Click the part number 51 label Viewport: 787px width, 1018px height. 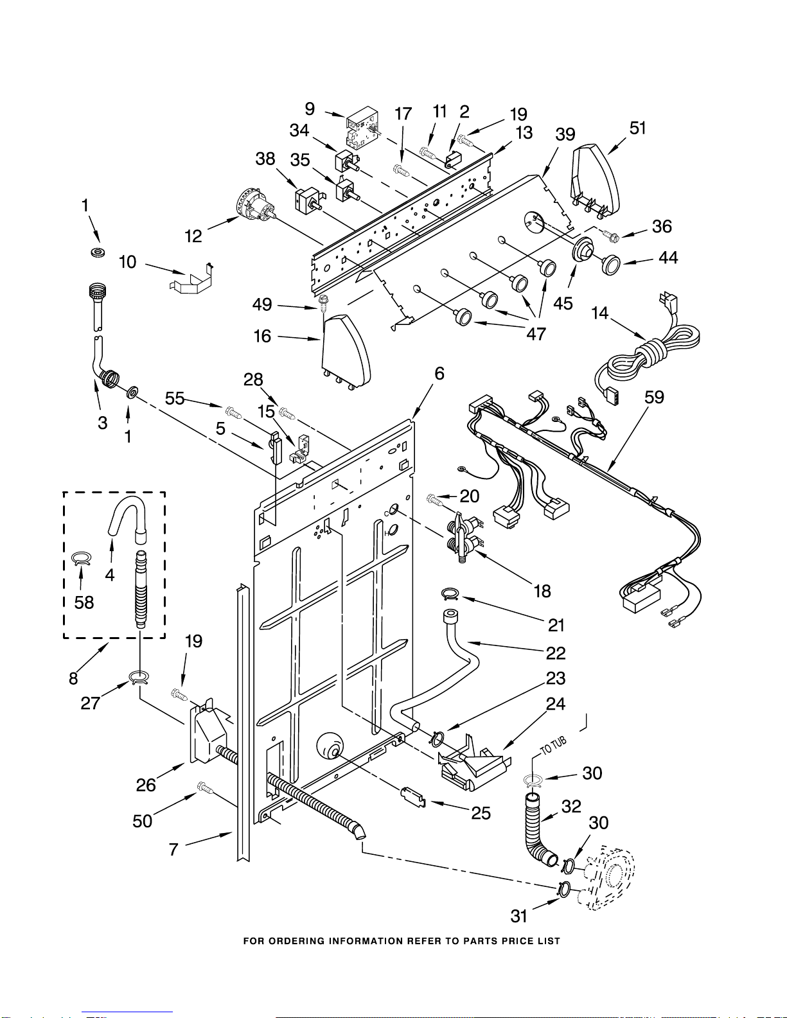coord(637,128)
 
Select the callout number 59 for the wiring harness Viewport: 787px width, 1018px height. coord(654,398)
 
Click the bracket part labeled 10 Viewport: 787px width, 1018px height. coord(191,279)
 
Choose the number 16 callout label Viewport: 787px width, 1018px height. coord(262,336)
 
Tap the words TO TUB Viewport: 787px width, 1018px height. coord(554,745)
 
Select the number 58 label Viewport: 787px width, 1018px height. coord(84,602)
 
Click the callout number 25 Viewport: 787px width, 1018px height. coord(481,813)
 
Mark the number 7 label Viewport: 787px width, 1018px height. coord(174,849)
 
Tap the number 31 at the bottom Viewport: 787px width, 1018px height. coord(519,916)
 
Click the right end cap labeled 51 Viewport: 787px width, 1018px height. coord(595,181)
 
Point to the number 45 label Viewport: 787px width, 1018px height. coord(563,303)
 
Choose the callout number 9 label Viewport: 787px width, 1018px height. coord(310,109)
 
